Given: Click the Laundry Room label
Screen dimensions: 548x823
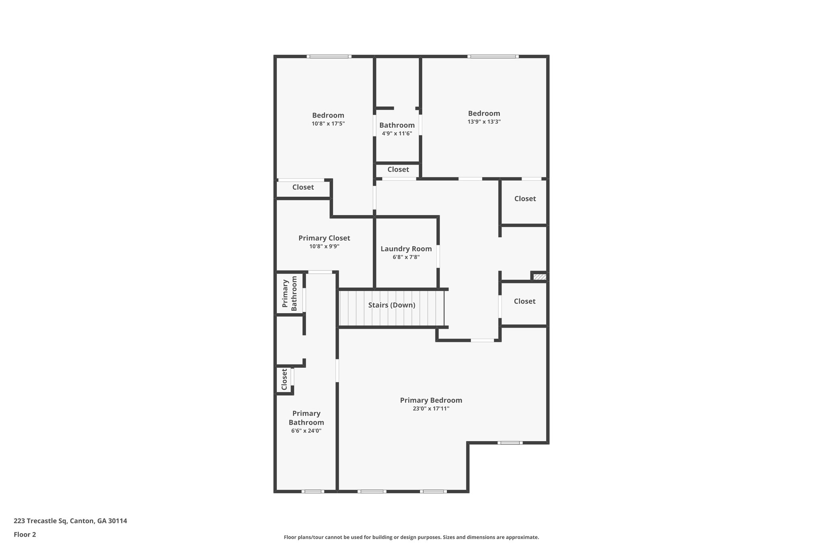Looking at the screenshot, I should coord(406,249).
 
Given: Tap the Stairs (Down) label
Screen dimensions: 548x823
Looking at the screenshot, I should coord(391,305).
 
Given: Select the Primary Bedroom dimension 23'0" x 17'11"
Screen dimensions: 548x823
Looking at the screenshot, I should coord(431,409).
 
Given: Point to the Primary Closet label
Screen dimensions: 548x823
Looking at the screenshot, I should coord(324,238).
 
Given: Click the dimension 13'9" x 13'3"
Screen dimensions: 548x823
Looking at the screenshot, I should coord(484,122).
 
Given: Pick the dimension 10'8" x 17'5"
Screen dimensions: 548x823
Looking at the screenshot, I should coord(328,124).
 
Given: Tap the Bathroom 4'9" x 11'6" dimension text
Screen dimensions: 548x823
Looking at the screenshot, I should coord(397,133).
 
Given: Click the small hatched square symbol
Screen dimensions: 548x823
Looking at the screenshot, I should coord(540,277).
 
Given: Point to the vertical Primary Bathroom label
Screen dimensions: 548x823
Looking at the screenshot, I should coord(290,293).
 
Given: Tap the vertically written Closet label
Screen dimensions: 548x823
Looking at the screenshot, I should coord(284,379).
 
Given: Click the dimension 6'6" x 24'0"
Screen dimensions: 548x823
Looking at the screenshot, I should coord(306,431).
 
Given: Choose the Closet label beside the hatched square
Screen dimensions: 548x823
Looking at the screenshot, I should coord(524,301).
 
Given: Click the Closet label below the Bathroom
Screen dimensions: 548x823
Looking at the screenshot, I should coord(398,169).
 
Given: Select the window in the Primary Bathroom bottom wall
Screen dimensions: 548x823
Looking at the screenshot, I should coord(313,491).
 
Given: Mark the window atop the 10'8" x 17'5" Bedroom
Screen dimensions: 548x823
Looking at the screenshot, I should coord(329,57).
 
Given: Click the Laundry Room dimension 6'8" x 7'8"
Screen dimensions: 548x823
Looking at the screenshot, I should coord(406,257).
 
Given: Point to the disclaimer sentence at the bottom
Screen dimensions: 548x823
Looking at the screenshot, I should coord(411,537).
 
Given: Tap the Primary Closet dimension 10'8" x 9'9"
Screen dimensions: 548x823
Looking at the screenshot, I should coord(324,246).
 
